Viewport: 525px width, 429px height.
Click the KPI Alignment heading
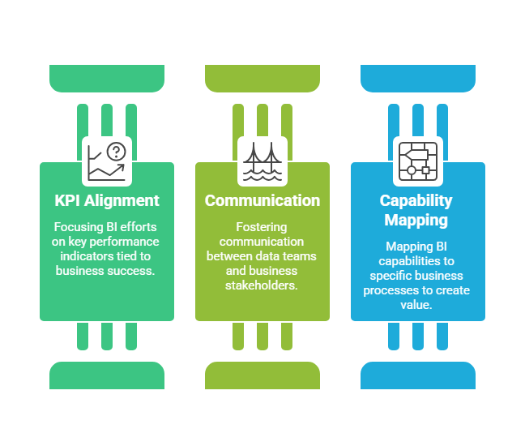(107, 200)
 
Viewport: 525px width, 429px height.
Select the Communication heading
(262, 200)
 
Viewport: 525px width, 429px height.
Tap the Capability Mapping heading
(416, 209)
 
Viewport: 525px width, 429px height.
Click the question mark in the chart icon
(117, 151)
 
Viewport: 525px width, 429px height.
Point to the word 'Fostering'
(262, 228)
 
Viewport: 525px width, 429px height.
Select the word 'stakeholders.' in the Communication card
(262, 285)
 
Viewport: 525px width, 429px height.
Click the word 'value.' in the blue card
(417, 305)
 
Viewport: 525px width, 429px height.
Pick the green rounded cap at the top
(107, 78)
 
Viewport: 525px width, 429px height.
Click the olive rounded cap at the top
(262, 78)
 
